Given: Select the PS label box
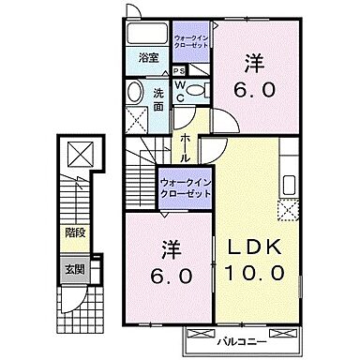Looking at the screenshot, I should (177, 68).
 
